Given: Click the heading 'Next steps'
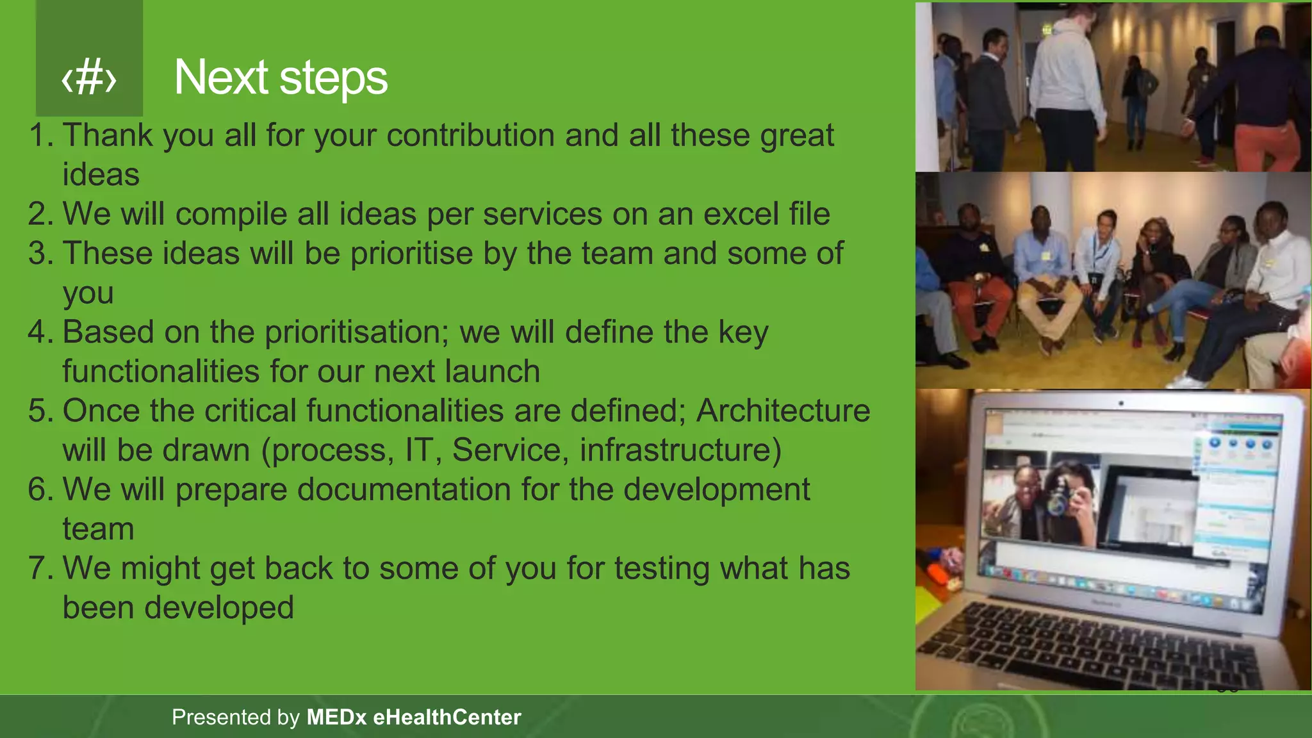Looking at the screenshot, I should click(x=281, y=78).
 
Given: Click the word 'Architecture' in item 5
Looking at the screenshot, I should click(x=783, y=411).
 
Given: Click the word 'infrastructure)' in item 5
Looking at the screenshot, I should click(x=680, y=450).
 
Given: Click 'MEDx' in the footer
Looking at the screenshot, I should click(x=336, y=717).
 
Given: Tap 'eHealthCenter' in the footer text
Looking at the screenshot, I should click(x=447, y=717).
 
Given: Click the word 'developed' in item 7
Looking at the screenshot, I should click(x=218, y=608).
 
